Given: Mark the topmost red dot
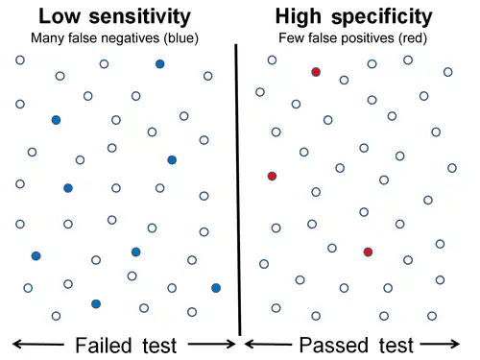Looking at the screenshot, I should tap(316, 72).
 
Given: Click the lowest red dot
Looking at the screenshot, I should tap(368, 252).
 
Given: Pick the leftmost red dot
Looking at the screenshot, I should tap(272, 176).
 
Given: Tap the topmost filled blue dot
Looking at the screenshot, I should tap(159, 63).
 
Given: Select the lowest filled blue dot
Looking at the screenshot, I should tap(96, 303).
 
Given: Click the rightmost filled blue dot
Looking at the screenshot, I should tap(216, 287).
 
